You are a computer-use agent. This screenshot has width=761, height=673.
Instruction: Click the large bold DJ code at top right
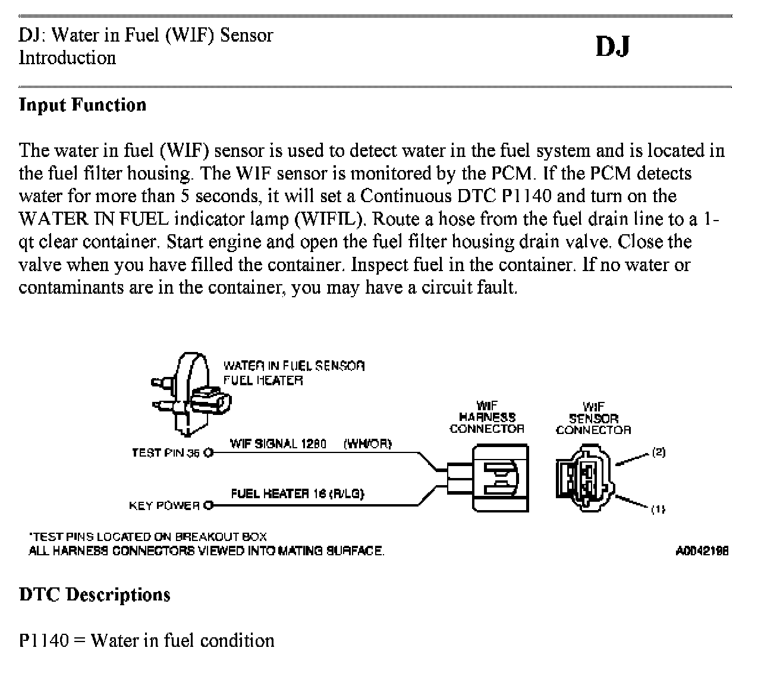pos(612,47)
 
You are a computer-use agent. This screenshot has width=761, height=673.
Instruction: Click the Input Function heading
pos(83,105)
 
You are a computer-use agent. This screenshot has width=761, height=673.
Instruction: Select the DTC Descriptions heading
pos(95,595)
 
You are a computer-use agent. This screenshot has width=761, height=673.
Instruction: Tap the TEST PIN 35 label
pos(166,453)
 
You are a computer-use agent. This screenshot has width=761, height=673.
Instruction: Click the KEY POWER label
pos(164,505)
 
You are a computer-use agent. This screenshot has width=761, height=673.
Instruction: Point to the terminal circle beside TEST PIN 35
pos(208,453)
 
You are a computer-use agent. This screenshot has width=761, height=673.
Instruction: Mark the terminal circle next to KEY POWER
pos(208,505)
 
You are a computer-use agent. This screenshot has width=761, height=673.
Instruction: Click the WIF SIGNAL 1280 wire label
pos(278,444)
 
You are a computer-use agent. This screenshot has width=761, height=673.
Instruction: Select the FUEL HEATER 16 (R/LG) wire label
pos(297,493)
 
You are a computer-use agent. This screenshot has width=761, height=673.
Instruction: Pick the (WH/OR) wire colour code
pos(367,444)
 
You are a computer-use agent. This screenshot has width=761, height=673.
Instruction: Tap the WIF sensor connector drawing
pos(584,478)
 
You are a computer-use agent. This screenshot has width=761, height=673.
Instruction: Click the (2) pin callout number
pos(658,452)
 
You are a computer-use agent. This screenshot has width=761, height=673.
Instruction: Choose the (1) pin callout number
pos(658,509)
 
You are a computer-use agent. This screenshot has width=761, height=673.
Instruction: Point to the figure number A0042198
pos(702,551)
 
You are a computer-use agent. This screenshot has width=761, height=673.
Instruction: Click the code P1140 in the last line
pos(43,640)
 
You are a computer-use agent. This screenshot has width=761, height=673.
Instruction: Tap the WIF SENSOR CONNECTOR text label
pos(593,418)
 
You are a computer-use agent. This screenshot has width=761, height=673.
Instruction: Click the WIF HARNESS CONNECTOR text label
pos(487,417)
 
